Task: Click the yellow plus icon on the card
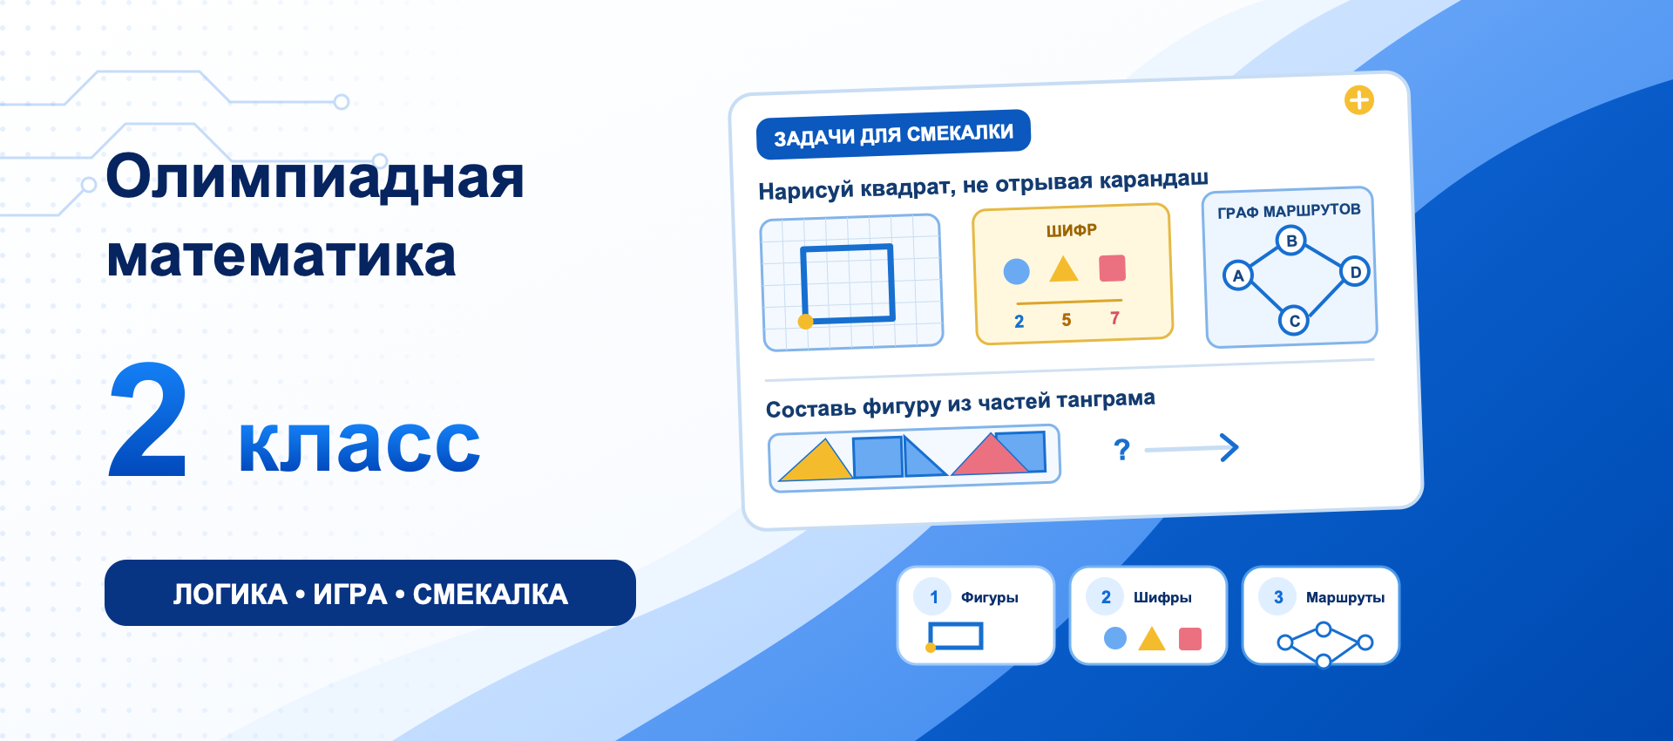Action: click(1359, 100)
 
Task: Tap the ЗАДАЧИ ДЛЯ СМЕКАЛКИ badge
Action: click(893, 135)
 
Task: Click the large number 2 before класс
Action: click(148, 420)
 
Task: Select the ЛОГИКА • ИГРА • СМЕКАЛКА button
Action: click(370, 593)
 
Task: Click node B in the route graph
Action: click(1291, 240)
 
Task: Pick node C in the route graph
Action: click(1294, 321)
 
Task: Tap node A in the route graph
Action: click(1237, 275)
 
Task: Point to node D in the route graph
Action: click(1355, 272)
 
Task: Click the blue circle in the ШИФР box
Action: click(1016, 272)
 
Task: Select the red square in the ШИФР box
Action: click(1113, 268)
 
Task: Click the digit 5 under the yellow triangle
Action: click(1067, 320)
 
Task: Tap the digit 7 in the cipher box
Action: click(1114, 318)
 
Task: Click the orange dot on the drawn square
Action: click(806, 322)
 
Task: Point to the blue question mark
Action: click(1122, 450)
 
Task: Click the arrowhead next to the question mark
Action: click(1229, 447)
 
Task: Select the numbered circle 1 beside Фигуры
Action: click(934, 597)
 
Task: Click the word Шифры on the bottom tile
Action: click(1162, 597)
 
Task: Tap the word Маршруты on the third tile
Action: click(1345, 597)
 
